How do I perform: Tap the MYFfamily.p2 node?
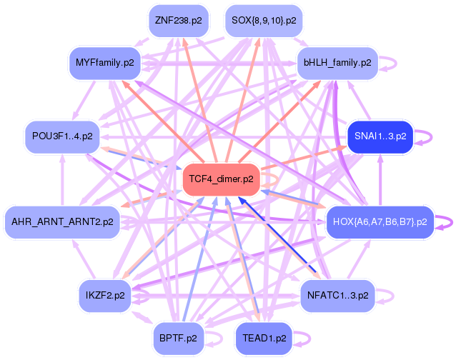point(105,63)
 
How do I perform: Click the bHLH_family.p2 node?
point(337,63)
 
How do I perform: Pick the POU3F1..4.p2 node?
point(62,136)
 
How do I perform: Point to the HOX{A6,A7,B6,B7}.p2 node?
point(380,222)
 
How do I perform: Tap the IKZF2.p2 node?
point(106,294)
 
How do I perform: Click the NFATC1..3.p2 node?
point(337,294)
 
